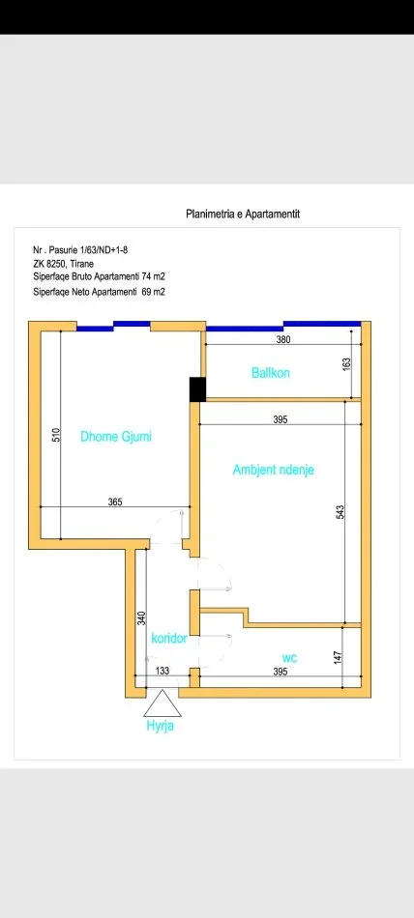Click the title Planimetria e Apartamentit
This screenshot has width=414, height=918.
pyautogui.click(x=243, y=214)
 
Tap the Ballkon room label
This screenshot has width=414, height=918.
pyautogui.click(x=271, y=372)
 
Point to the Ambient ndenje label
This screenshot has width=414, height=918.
pyautogui.click(x=274, y=470)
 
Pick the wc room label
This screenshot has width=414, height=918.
pyautogui.click(x=289, y=657)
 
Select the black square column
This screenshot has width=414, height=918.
pyautogui.click(x=197, y=387)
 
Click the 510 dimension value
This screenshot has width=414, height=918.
pyautogui.click(x=54, y=434)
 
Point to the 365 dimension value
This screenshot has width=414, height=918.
pyautogui.click(x=114, y=502)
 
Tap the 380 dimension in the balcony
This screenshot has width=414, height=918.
pyautogui.click(x=283, y=339)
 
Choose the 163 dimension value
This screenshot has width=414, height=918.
pyautogui.click(x=346, y=364)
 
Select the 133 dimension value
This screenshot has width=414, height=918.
pyautogui.click(x=162, y=671)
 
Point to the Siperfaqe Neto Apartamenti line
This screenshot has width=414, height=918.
pyautogui.click(x=99, y=290)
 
